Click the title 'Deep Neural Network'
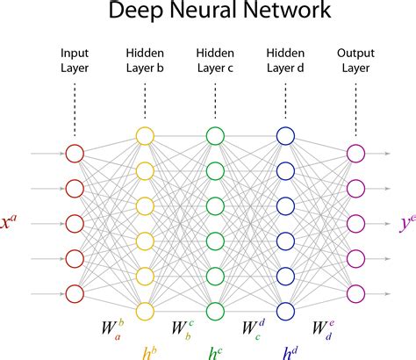coord(207,12)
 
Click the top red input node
coord(75,153)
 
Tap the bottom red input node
coord(75,292)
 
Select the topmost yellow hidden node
coord(145,135)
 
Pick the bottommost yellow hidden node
coord(145,310)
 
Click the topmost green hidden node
coord(215,135)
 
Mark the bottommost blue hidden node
coord(285,310)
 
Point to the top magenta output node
coord(355,153)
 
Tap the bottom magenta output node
coord(355,292)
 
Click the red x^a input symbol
coord(13,223)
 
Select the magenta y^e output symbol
coord(405,223)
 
